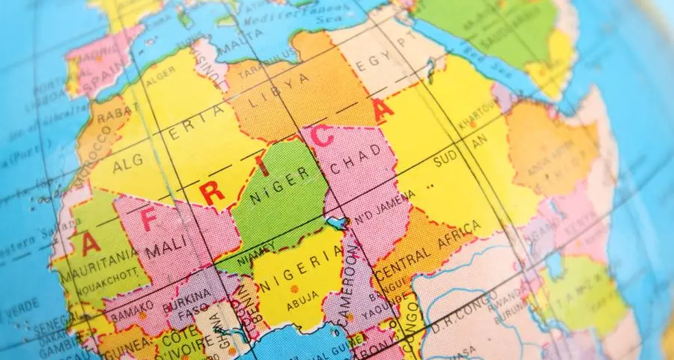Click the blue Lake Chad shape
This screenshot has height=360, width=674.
336,222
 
